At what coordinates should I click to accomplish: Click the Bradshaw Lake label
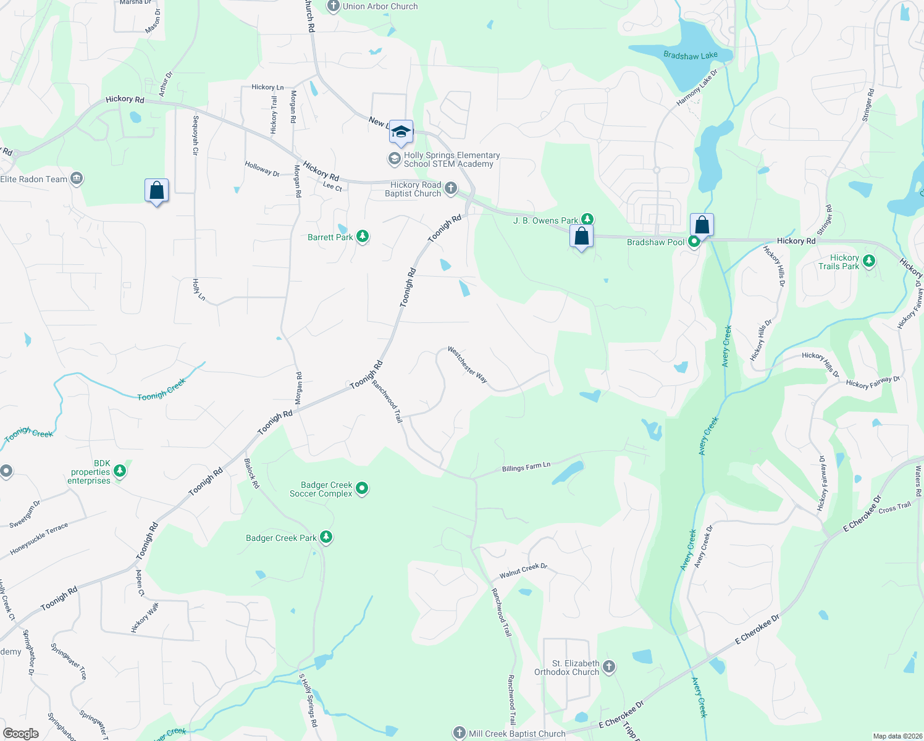690,56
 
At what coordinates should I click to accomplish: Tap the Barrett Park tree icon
363,237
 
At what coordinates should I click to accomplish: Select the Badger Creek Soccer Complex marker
362,489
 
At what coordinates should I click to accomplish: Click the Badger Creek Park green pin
326,537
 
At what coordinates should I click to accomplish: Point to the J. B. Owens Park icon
587,219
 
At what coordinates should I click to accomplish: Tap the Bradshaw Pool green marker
694,242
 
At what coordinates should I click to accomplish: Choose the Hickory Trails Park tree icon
869,261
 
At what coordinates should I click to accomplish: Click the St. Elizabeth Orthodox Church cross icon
609,667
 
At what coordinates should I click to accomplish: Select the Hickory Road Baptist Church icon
451,188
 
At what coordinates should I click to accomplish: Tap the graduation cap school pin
401,132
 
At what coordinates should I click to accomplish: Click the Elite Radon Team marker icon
77,178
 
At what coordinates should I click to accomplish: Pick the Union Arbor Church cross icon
334,6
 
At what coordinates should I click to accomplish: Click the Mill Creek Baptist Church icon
459,733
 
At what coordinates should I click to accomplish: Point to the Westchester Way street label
468,365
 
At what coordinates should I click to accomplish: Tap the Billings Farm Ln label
526,467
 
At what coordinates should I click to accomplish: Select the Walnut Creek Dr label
523,570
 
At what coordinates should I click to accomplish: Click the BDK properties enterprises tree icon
120,472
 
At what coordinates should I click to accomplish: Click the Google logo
20,733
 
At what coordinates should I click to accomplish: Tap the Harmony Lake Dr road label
697,88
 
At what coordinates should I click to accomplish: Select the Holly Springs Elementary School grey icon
394,159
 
